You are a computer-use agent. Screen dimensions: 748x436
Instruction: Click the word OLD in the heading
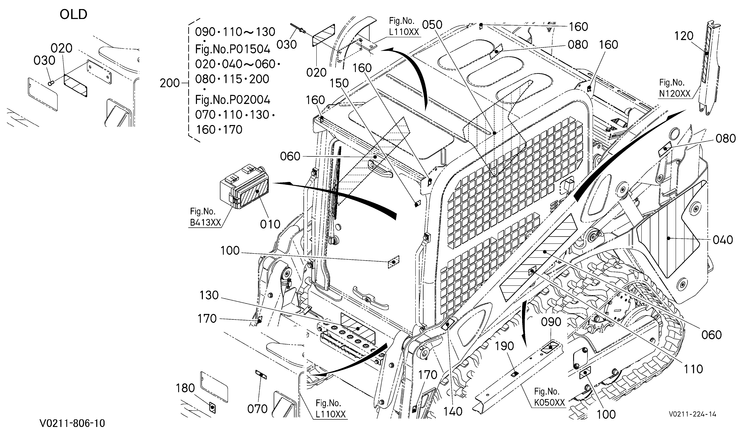[74, 14]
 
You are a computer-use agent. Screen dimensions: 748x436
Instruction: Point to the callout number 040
[723, 240]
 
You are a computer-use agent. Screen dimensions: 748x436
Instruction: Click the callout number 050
[432, 25]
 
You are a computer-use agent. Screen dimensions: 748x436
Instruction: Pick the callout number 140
[453, 411]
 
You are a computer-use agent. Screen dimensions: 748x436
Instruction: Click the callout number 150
[339, 83]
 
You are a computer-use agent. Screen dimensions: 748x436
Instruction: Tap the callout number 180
[185, 388]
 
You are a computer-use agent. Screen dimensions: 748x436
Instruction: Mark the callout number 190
[505, 346]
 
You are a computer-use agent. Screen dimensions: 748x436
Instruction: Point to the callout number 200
[170, 83]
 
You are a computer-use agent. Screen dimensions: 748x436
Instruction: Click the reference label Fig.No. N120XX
[675, 88]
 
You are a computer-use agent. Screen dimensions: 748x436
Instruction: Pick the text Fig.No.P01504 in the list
[233, 49]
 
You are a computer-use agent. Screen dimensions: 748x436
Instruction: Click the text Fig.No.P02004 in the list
[233, 100]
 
